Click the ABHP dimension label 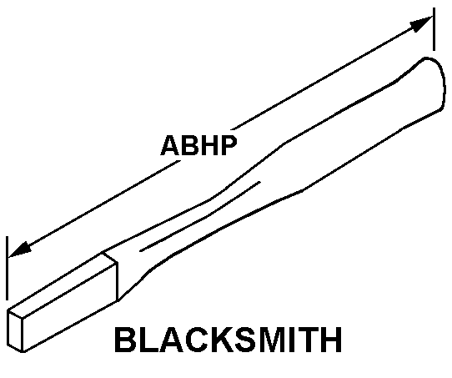click(199, 145)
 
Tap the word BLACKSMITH click(228, 340)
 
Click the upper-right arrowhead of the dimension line click(421, 23)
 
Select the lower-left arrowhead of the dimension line click(20, 249)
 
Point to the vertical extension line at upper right click(434, 29)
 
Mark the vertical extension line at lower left click(7, 268)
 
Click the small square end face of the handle click(15, 331)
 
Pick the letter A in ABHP click(171, 145)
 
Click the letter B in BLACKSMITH click(125, 340)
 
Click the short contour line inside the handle click(200, 216)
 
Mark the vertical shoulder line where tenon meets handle click(118, 282)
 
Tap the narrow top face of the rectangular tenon click(63, 284)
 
